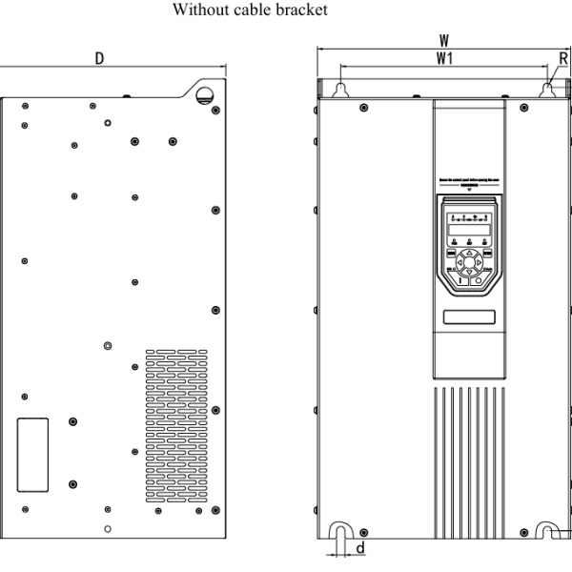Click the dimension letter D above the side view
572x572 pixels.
[99, 59]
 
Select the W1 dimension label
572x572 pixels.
[443, 60]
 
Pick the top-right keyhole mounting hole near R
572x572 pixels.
[547, 89]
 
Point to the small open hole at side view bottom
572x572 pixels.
[108, 529]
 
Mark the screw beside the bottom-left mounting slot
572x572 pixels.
[363, 529]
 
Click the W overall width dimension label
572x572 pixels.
[443, 41]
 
